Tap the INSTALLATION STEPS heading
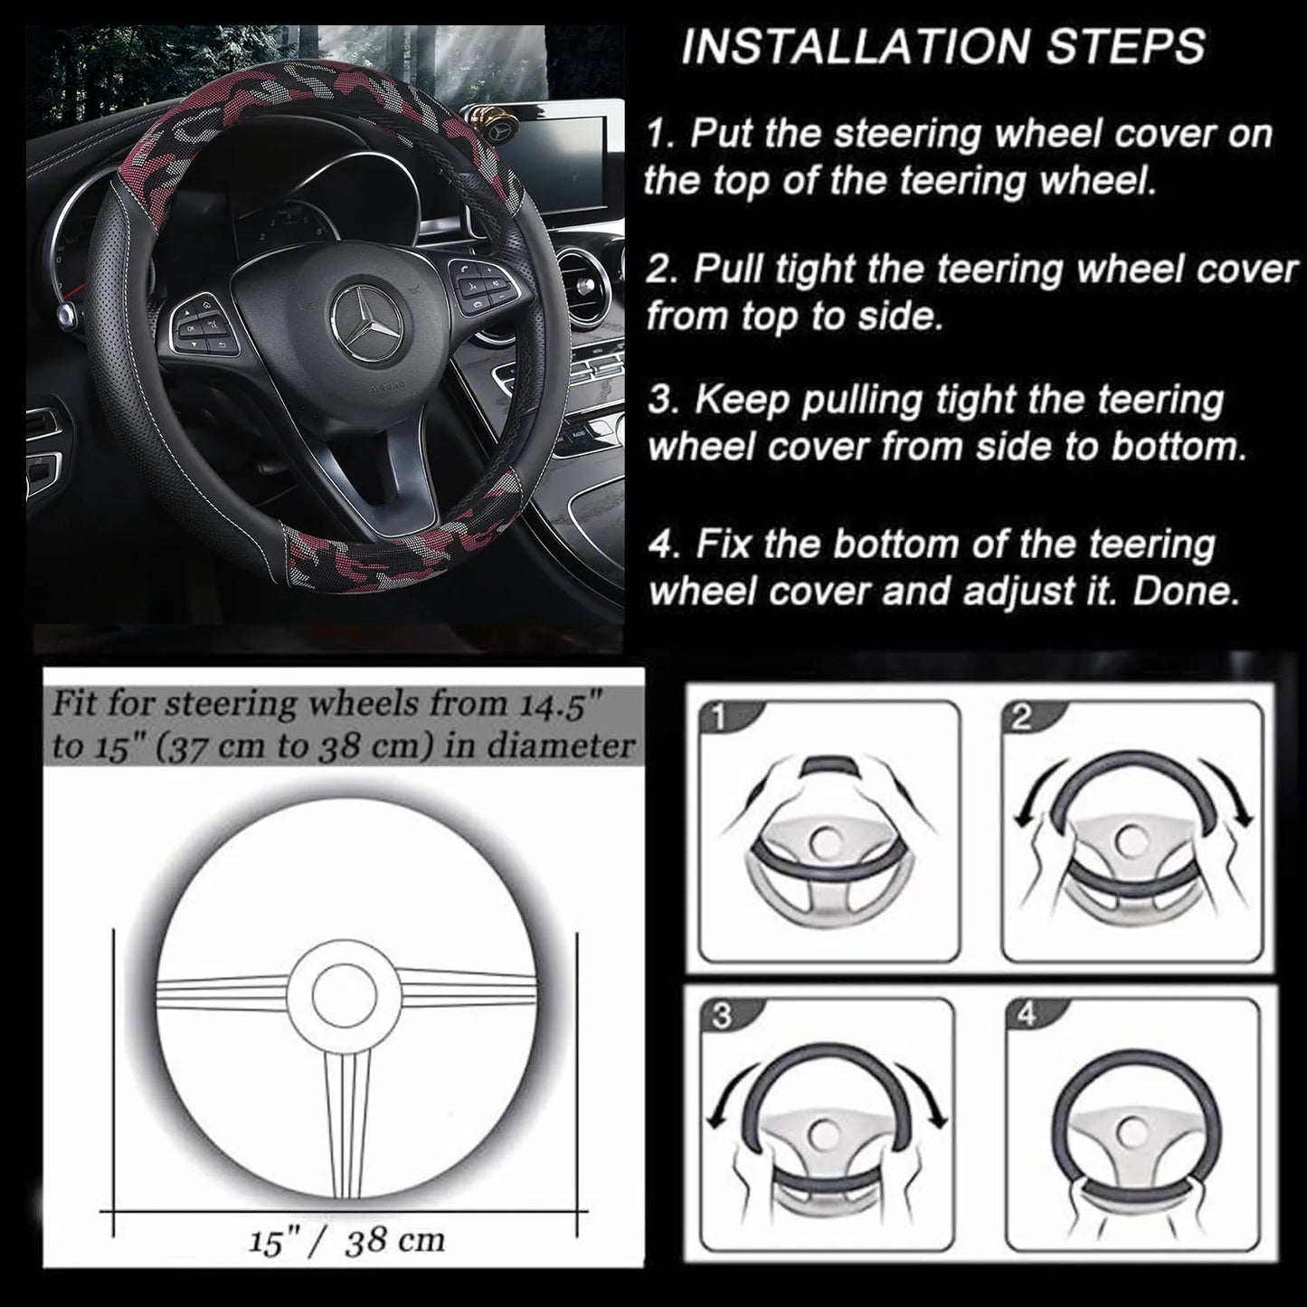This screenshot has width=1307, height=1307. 942,46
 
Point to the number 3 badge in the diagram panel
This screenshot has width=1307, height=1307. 721,1017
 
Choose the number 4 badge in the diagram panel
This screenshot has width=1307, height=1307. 1026,1016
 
